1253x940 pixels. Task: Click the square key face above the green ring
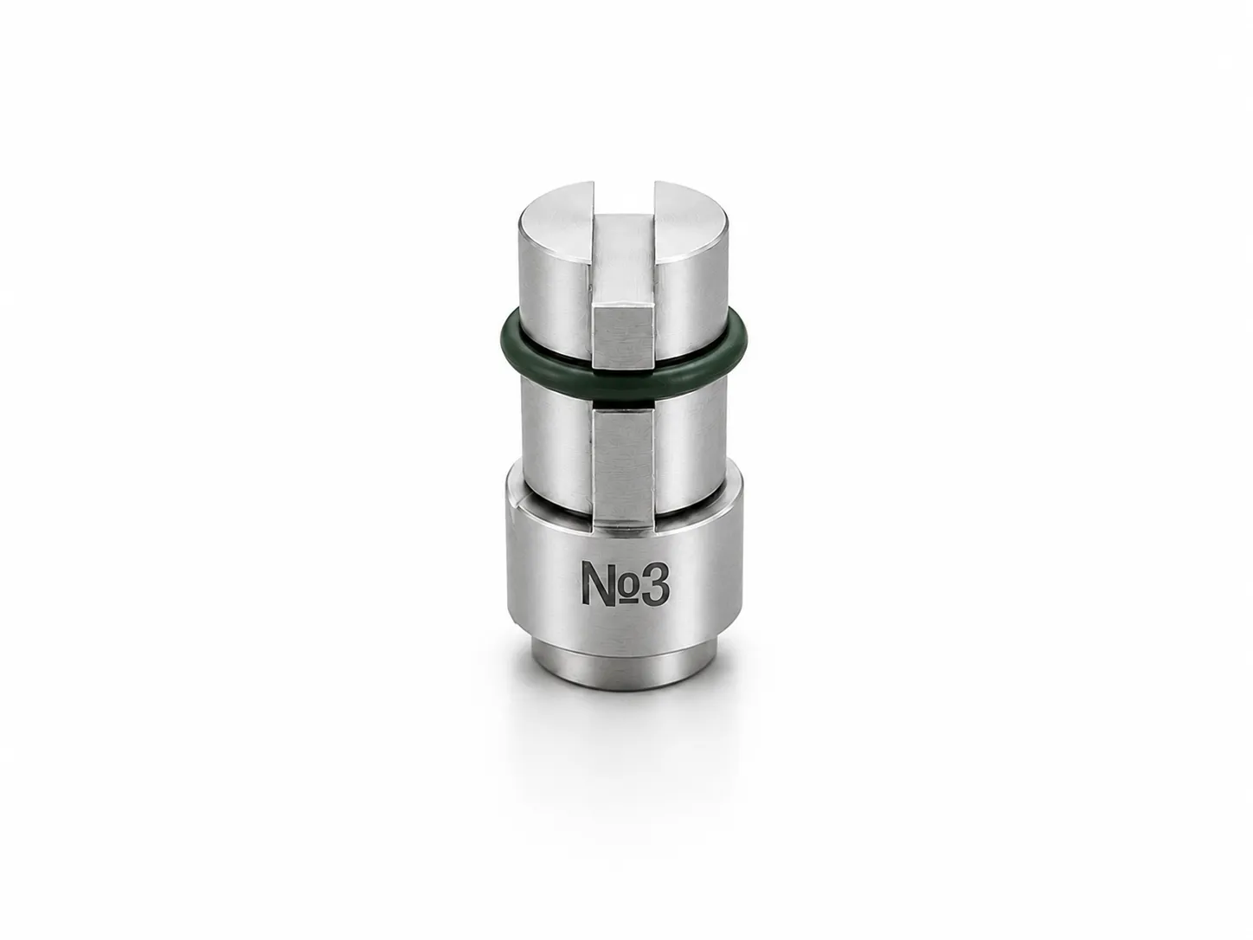point(623,338)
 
